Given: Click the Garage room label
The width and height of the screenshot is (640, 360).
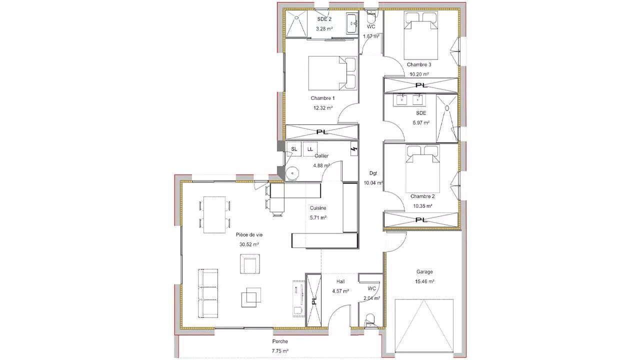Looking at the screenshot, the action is (424, 271).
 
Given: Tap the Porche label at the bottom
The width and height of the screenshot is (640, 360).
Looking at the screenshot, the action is (280, 341).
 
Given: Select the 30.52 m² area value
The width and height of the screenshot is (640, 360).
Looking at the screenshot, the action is (249, 244).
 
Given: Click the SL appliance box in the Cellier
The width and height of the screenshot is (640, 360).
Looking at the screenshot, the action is (294, 149).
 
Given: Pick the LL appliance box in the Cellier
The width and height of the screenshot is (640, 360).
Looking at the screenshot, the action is (310, 149).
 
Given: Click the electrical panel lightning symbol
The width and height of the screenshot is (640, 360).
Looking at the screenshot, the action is (354, 149).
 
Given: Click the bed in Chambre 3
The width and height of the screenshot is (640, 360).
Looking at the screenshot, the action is (421, 35).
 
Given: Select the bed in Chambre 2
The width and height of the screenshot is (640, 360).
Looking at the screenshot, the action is (422, 169).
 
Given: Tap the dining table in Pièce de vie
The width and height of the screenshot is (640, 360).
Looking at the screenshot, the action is (214, 214).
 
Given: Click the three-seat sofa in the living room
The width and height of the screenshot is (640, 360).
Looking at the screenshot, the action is (208, 293).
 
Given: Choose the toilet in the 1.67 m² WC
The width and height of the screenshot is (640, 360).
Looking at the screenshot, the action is (371, 17).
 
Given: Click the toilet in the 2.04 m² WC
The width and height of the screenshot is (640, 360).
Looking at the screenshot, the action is (370, 320).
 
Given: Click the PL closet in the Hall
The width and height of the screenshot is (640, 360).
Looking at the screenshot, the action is (313, 300).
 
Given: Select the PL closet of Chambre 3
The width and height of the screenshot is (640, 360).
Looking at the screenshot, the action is (421, 85).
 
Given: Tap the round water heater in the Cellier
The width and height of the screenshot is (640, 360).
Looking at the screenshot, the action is (292, 173).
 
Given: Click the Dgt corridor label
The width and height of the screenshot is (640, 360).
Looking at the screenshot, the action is (373, 173).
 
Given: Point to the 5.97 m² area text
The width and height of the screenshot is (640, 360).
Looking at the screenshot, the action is (421, 123).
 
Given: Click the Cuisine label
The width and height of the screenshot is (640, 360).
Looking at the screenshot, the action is (318, 208).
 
